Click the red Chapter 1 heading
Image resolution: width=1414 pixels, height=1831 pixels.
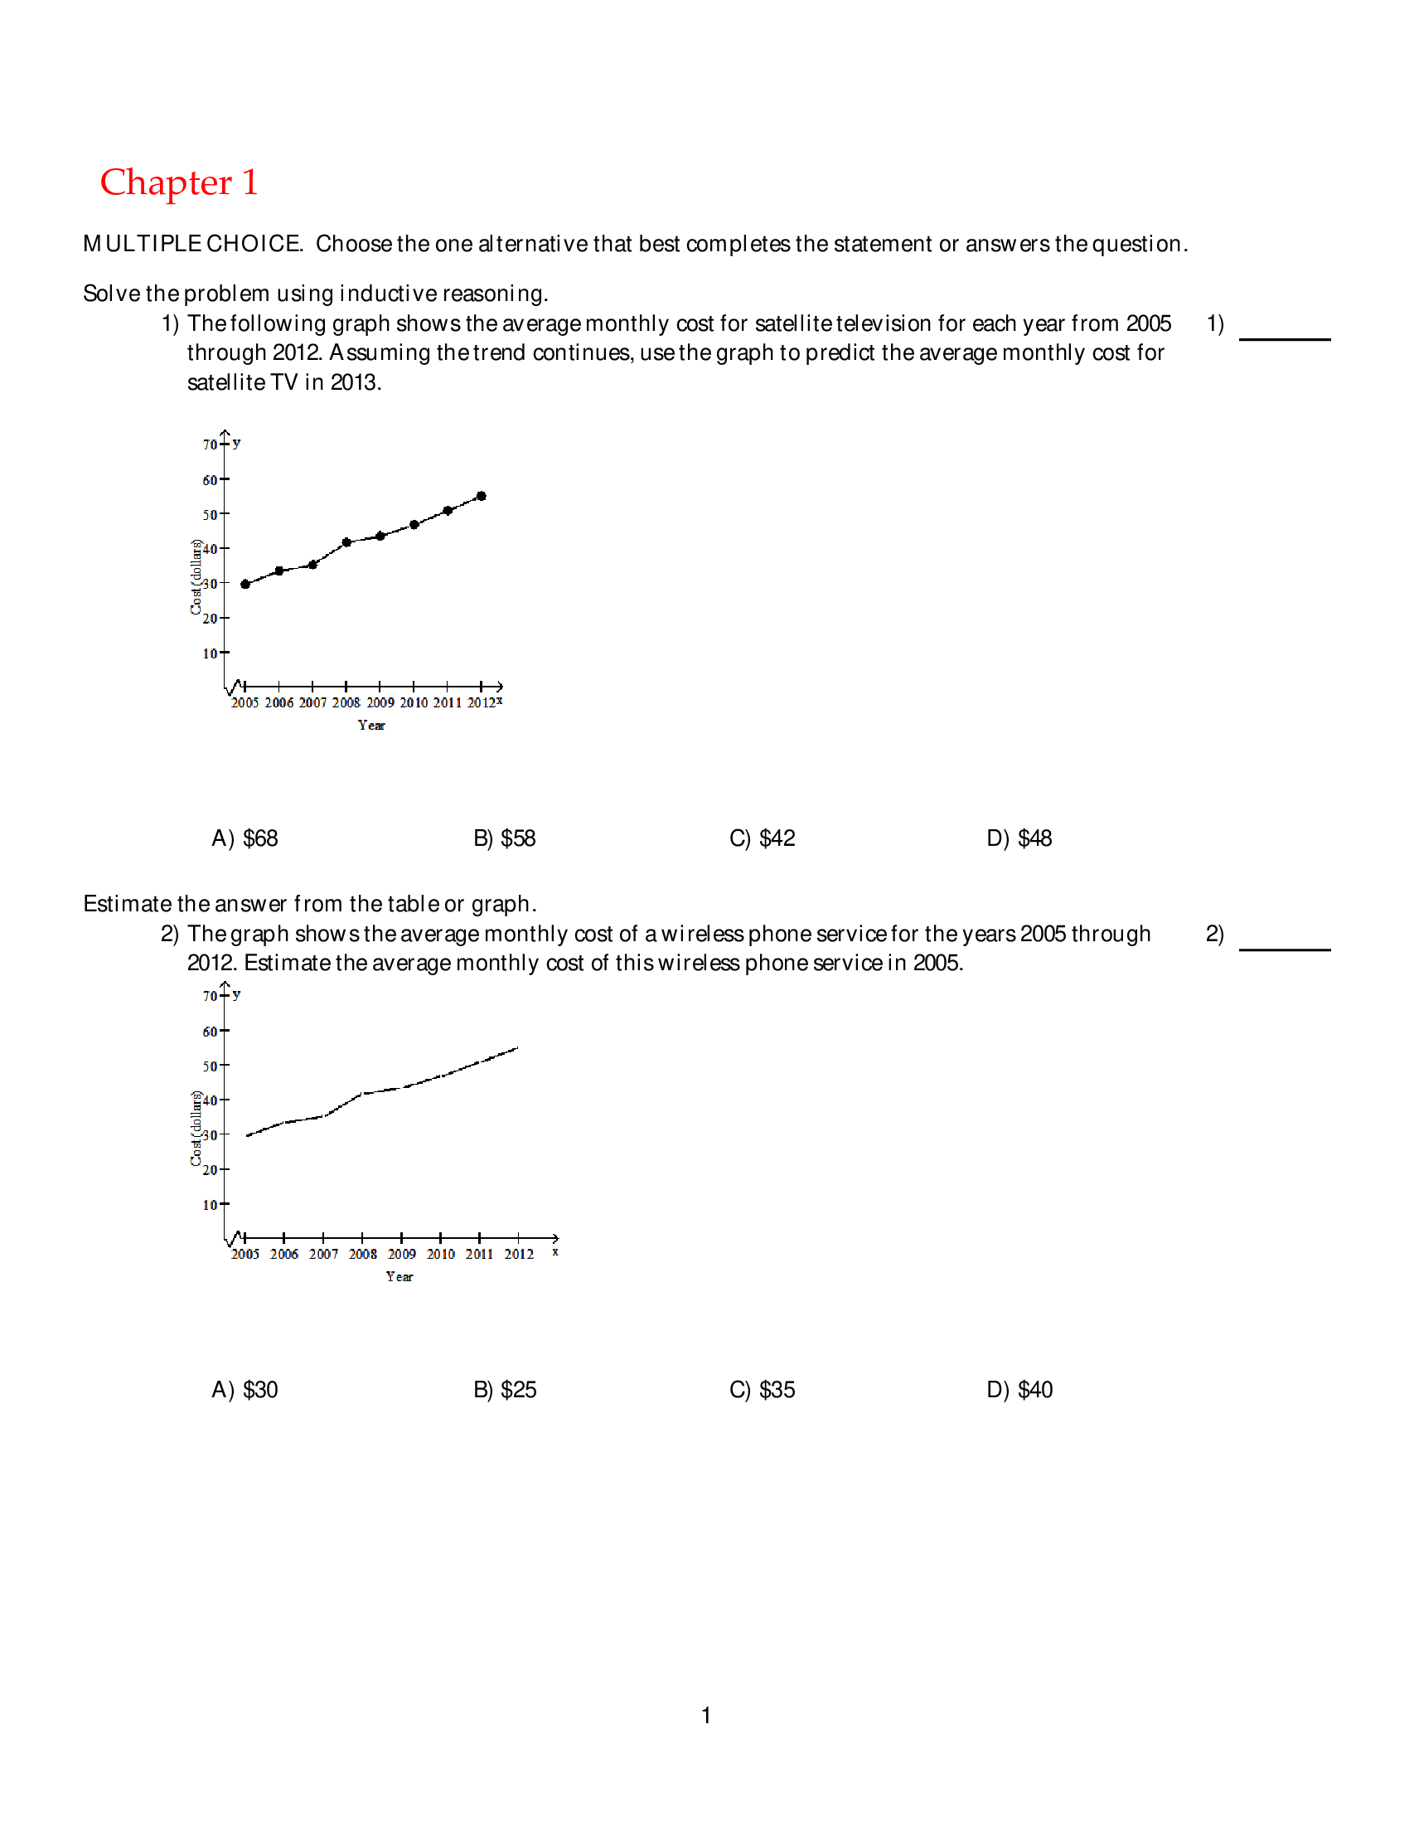[178, 182]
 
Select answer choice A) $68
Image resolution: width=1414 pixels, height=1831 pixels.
[244, 838]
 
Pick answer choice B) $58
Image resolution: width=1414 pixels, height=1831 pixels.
[504, 838]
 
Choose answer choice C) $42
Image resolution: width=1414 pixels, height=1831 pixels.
[761, 838]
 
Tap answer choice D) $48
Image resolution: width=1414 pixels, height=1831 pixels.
[1019, 838]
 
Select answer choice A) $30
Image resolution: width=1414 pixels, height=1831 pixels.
[244, 1389]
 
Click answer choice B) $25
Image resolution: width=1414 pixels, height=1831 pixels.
[504, 1389]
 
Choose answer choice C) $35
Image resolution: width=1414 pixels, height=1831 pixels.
[761, 1389]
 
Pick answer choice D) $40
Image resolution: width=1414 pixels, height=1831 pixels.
[1019, 1389]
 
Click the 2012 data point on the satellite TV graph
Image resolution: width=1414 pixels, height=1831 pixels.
[481, 497]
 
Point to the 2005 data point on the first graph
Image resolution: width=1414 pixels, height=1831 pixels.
[245, 585]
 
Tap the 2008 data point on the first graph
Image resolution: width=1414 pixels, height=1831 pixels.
[346, 542]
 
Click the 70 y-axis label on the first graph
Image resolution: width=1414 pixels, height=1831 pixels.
[210, 444]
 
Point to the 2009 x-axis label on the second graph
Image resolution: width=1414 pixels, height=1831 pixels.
[401, 1254]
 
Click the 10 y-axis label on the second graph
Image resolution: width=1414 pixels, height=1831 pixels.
[210, 1205]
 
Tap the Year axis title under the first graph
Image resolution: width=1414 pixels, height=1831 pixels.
[371, 726]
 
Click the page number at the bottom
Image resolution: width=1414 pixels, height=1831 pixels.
[706, 1715]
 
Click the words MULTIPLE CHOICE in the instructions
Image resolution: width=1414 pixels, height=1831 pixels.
[192, 244]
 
